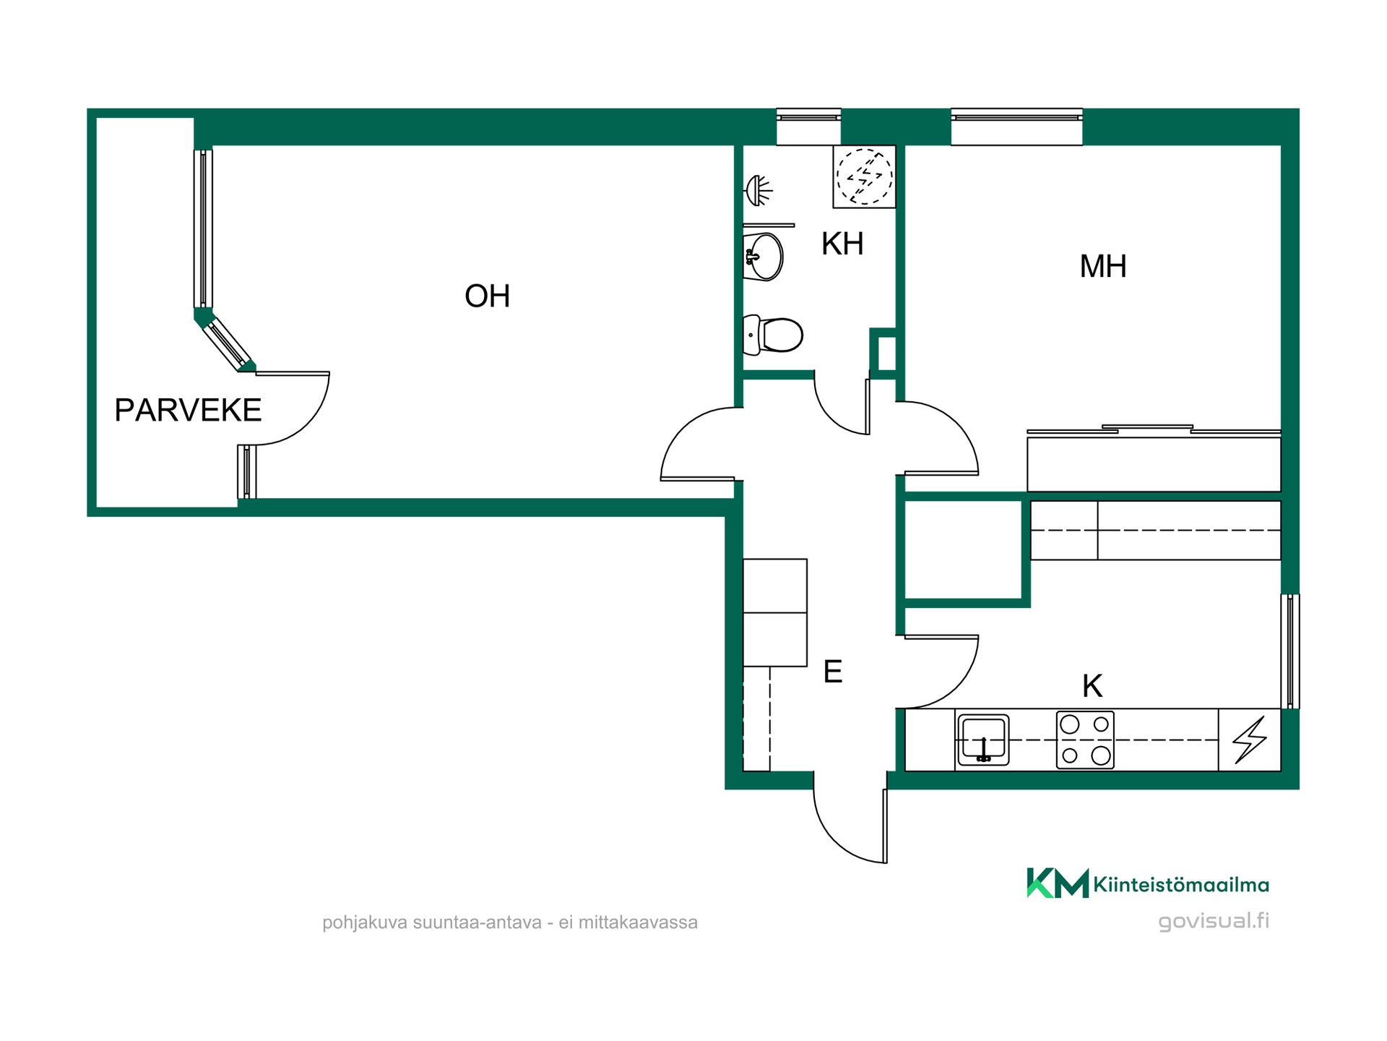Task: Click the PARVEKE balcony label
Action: click(188, 410)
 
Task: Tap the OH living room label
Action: click(487, 296)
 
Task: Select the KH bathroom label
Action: click(842, 244)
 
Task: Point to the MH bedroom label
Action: click(1102, 266)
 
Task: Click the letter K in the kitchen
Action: click(1092, 685)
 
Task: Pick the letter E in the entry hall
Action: click(833, 672)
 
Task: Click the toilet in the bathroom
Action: click(773, 335)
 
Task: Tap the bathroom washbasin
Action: click(764, 257)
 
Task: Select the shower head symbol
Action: click(759, 190)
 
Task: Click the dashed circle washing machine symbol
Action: click(864, 176)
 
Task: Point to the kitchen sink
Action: click(983, 740)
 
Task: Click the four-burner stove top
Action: click(1085, 740)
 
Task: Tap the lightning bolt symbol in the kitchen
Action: click(1250, 740)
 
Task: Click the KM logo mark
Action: click(1058, 883)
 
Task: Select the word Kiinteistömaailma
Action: click(1181, 884)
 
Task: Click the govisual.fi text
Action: click(1214, 921)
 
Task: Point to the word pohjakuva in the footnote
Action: click(365, 923)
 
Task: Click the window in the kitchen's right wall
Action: click(1290, 651)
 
